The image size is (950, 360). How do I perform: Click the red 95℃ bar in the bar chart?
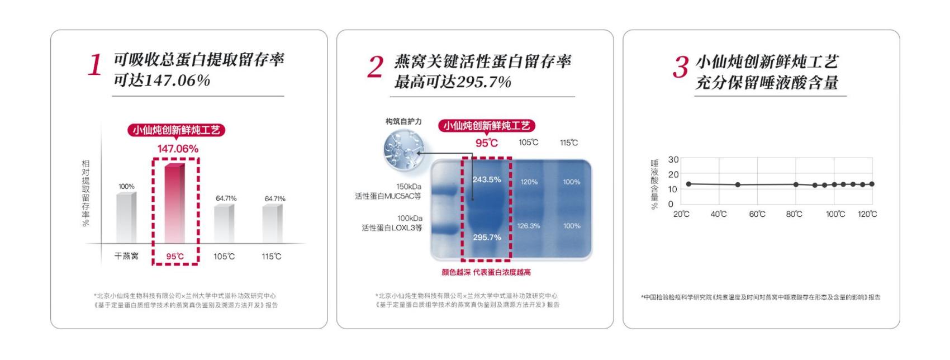(x=175, y=203)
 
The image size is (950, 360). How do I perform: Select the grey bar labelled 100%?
(x=126, y=217)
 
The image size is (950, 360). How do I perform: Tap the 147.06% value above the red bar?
(x=178, y=149)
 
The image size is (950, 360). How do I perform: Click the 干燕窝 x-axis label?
(x=126, y=256)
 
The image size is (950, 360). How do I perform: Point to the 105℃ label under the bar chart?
(x=224, y=257)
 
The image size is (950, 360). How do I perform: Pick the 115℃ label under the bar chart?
(x=272, y=257)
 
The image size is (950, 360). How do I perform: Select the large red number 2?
(x=376, y=67)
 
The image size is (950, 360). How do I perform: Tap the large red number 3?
(x=681, y=67)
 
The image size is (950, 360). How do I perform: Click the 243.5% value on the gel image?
(x=486, y=180)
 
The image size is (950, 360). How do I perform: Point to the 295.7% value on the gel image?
(x=487, y=238)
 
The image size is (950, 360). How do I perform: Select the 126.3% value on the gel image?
(x=529, y=226)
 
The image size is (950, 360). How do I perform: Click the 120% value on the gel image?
(x=529, y=182)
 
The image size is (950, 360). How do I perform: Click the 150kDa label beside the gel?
(x=409, y=187)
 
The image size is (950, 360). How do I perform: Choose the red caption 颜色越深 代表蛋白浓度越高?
(x=486, y=272)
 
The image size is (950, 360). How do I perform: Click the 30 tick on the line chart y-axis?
(x=673, y=160)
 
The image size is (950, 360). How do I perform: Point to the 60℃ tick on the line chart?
(x=757, y=214)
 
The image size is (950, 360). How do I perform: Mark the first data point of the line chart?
(x=688, y=184)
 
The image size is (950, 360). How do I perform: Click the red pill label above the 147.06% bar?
(x=177, y=130)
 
